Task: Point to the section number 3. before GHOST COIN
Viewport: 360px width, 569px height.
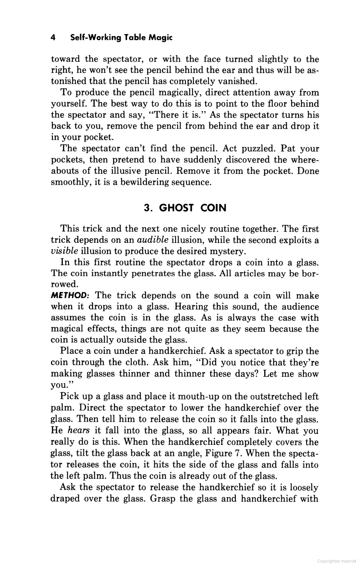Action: (148, 208)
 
